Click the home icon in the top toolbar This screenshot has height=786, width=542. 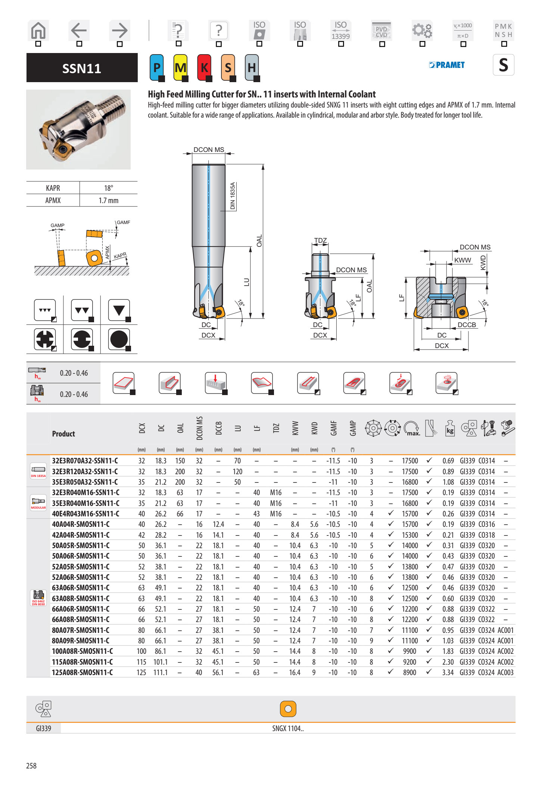(x=38, y=31)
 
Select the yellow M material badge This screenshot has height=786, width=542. (x=180, y=68)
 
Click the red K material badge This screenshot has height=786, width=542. (x=204, y=68)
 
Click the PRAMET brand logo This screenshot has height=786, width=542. (x=447, y=65)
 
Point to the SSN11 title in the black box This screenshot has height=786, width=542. (x=82, y=68)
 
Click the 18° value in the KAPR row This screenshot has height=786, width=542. (x=108, y=188)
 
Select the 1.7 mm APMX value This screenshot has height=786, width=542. (x=108, y=201)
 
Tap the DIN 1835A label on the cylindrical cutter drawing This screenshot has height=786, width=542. (x=233, y=196)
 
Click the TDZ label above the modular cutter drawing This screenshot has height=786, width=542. (x=320, y=240)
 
